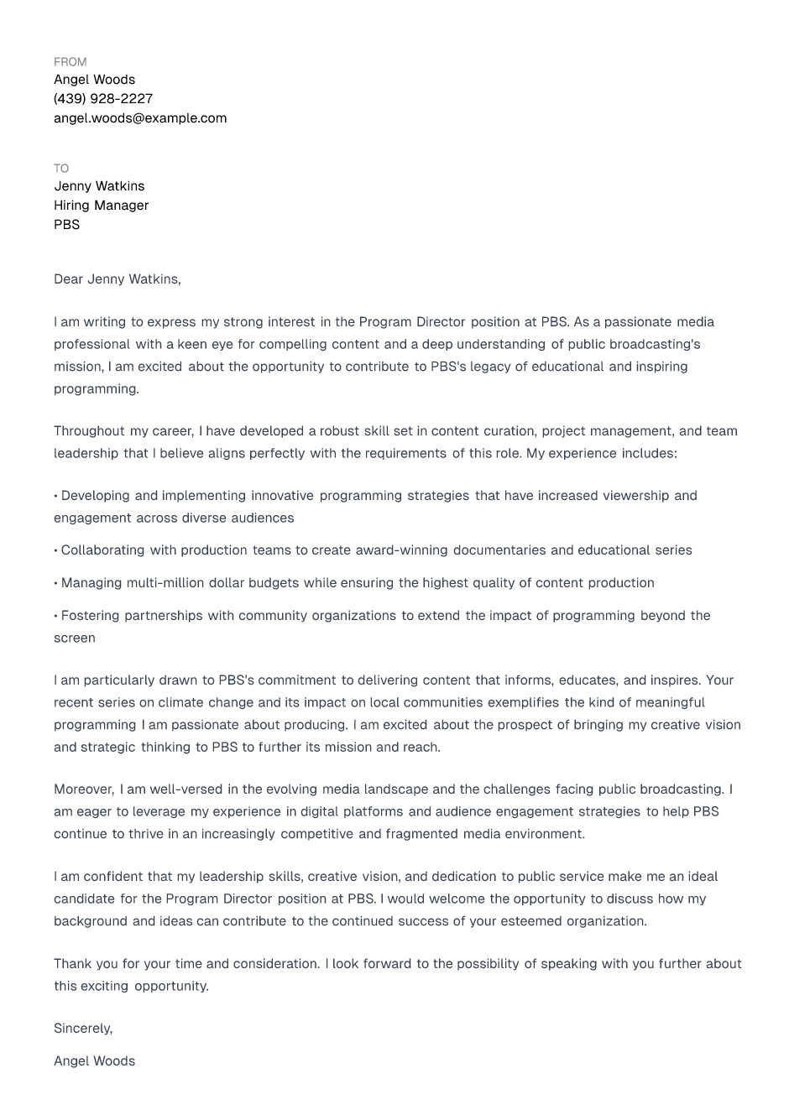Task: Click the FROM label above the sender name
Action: [x=70, y=62]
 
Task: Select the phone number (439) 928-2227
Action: [x=103, y=99]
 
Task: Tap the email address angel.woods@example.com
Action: [x=140, y=118]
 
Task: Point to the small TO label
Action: [x=61, y=169]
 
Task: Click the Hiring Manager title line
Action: [x=101, y=206]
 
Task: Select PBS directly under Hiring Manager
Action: [x=67, y=225]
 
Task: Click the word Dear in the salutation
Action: [x=68, y=279]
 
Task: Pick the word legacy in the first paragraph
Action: [x=493, y=367]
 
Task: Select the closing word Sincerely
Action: [x=82, y=1029]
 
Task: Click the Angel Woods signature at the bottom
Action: [x=94, y=1061]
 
